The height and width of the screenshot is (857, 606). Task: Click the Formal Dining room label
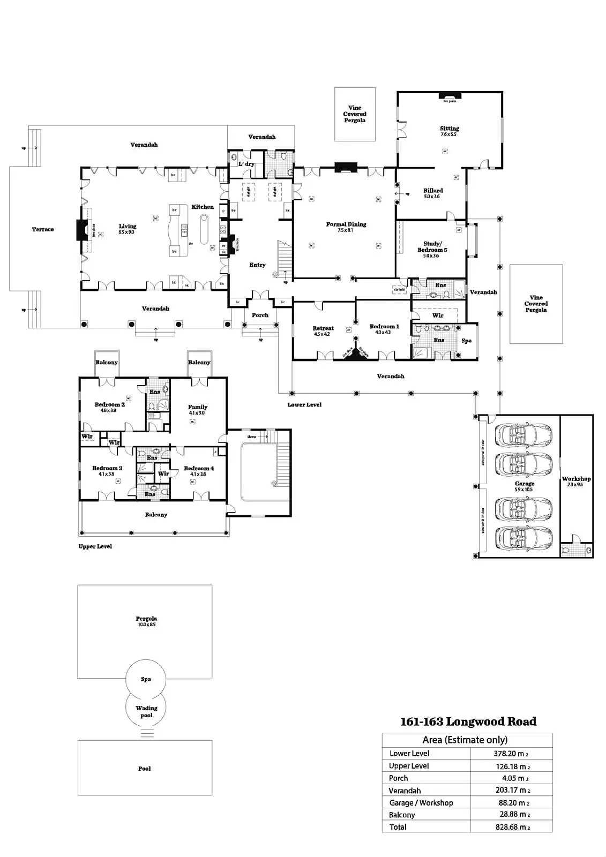(346, 224)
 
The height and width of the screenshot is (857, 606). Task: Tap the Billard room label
(433, 191)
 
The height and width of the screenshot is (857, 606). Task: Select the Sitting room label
(450, 129)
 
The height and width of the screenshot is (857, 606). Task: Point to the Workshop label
(576, 479)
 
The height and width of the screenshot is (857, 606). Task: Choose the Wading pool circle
(146, 711)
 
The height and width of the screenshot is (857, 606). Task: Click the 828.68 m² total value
(511, 827)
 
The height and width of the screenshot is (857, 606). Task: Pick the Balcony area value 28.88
(511, 815)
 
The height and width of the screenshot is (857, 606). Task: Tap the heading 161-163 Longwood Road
(468, 721)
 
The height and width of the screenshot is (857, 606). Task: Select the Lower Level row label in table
(409, 754)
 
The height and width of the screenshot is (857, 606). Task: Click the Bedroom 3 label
(107, 468)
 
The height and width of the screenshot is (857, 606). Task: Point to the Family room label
(198, 407)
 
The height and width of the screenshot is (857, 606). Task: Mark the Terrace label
(43, 229)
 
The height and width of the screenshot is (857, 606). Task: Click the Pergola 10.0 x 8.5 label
(146, 619)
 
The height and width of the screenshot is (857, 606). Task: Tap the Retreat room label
(323, 328)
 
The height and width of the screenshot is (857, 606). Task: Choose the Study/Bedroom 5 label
(432, 247)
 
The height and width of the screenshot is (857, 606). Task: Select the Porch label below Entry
(260, 315)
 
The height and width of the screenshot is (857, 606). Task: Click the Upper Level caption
(95, 546)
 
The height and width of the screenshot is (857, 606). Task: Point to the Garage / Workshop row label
(421, 803)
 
